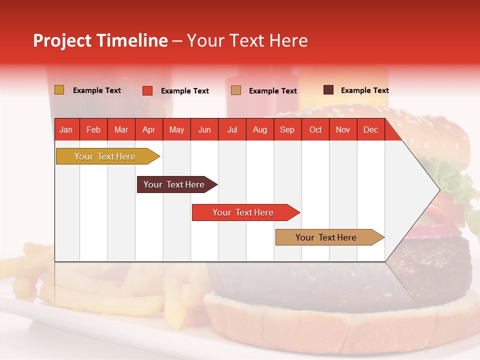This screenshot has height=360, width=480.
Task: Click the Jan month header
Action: (66, 130)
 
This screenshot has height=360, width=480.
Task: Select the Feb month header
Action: (93, 130)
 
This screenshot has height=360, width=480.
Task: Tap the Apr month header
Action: (149, 130)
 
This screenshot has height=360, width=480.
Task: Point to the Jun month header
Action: (204, 130)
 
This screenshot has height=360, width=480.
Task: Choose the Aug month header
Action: (260, 130)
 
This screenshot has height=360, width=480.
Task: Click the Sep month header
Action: (287, 130)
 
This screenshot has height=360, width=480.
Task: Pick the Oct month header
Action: (315, 130)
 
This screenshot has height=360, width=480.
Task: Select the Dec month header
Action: (371, 130)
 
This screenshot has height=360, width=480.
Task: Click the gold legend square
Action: (59, 90)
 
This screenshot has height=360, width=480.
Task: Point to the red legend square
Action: (147, 90)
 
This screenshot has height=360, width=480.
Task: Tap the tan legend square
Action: (236, 90)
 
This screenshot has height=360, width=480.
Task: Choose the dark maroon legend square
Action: (328, 90)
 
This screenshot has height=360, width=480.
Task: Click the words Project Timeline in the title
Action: (100, 40)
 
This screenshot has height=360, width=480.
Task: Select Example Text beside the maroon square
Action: (364, 90)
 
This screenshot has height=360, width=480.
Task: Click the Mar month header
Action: (121, 130)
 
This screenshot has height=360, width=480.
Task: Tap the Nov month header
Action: (343, 130)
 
